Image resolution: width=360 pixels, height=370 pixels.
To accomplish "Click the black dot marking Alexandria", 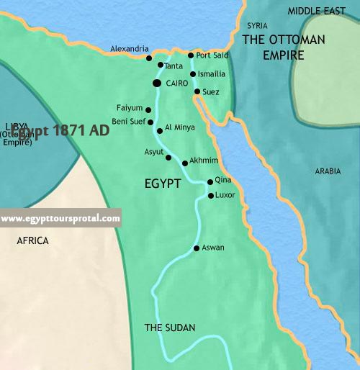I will tap(148, 58).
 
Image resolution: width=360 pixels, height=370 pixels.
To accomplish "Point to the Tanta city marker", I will tap(161, 65).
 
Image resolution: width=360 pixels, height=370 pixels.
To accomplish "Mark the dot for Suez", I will tap(197, 91).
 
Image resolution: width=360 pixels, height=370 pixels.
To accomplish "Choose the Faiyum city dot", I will tap(149, 109).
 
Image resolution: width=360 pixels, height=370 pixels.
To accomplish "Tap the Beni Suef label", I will tap(130, 122).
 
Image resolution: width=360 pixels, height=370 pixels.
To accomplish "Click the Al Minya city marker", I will tap(159, 130).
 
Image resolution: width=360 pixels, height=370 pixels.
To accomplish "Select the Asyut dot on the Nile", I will tap(168, 157).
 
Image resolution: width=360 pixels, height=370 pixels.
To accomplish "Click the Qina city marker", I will tap(210, 182).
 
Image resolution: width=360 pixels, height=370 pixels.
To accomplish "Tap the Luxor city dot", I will tap(210, 195).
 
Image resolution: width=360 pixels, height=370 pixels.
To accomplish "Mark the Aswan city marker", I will tap(197, 248).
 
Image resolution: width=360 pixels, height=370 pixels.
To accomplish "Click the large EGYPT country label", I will tap(162, 184).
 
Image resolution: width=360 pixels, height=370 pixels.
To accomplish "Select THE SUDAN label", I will tap(170, 328).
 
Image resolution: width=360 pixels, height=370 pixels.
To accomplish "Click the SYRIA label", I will tap(257, 25).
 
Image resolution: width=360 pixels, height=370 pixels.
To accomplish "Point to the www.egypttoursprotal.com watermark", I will tap(60, 218).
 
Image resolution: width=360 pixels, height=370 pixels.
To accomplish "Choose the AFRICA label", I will tap(33, 241).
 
